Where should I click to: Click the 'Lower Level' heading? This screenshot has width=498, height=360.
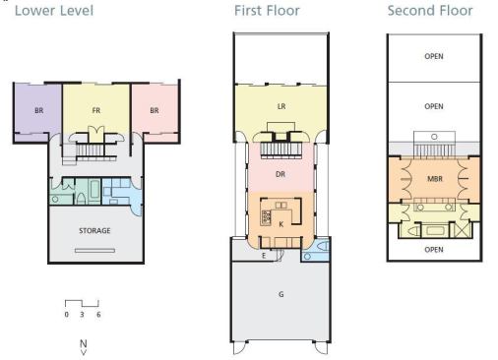(x=54, y=11)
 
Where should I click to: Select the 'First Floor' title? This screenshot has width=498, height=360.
(x=267, y=11)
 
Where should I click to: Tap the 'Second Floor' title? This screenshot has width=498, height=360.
(x=430, y=11)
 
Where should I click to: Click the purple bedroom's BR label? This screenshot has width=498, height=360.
(x=39, y=110)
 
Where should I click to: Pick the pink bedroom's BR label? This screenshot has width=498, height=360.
(x=155, y=110)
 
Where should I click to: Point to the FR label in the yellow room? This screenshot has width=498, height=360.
(x=96, y=110)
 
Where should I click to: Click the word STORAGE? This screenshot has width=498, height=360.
(x=94, y=231)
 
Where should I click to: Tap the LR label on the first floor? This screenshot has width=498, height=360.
(x=281, y=106)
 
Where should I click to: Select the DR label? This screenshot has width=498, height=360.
(x=280, y=174)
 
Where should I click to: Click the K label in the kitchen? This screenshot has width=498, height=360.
(x=280, y=224)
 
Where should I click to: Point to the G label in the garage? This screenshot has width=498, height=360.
(x=281, y=294)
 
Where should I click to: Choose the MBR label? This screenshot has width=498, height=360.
(x=435, y=179)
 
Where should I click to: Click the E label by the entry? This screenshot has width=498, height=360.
(x=264, y=256)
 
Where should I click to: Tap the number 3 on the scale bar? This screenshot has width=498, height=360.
(x=82, y=315)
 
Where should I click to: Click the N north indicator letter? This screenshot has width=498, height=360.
(x=84, y=343)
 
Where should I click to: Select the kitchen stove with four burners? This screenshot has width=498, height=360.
(x=266, y=217)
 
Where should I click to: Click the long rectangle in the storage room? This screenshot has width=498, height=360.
(x=94, y=251)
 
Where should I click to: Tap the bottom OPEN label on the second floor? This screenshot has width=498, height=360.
(x=434, y=250)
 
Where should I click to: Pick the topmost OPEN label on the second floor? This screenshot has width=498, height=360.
(x=434, y=56)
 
